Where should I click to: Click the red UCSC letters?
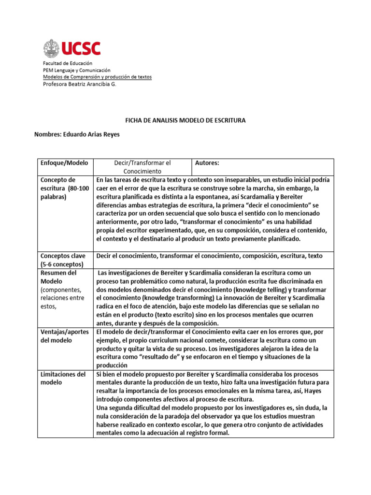point(81,48)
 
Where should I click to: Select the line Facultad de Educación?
point(68,63)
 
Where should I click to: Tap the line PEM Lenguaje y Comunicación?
point(77,70)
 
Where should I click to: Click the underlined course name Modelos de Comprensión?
point(97,77)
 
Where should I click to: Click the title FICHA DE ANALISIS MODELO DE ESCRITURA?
point(185,120)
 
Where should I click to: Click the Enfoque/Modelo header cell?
point(64,163)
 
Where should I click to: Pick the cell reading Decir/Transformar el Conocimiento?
point(143,167)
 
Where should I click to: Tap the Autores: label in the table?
point(207,163)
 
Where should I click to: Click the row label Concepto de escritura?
point(64,188)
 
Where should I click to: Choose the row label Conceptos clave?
point(63,260)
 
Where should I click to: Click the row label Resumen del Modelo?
point(58,277)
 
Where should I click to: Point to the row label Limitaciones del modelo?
point(63,378)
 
